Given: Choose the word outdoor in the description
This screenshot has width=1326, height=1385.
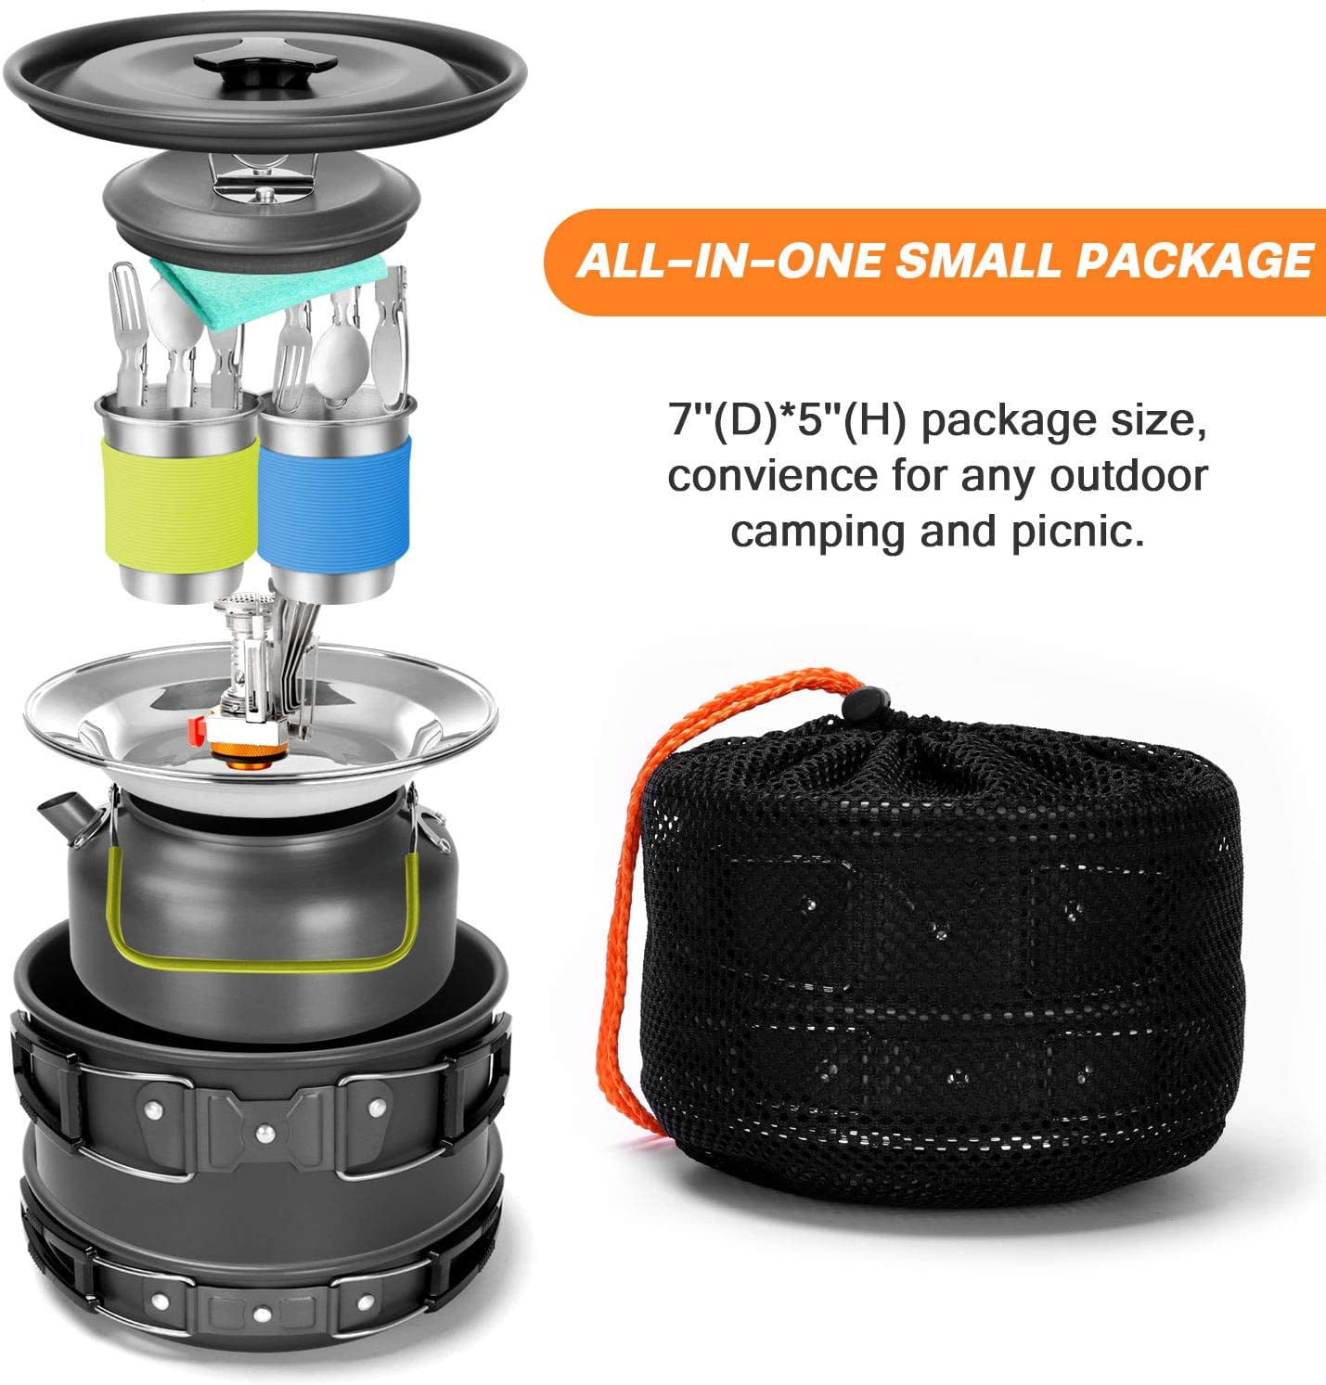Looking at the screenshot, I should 1129,476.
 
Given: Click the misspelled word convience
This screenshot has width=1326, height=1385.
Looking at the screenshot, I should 773,476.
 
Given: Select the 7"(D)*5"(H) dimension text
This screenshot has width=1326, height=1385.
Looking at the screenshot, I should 782,421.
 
